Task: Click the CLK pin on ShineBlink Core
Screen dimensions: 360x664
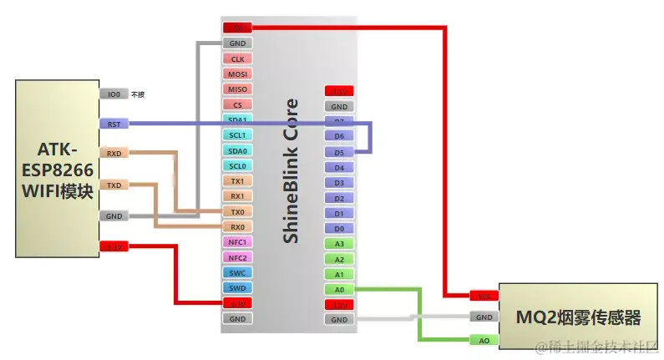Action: click(x=237, y=59)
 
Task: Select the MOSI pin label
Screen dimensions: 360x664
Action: click(x=237, y=74)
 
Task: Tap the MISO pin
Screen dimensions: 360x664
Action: click(x=237, y=89)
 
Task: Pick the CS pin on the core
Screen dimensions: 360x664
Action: click(x=237, y=105)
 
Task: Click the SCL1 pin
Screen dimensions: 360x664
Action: click(x=237, y=135)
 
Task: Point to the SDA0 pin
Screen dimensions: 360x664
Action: click(x=237, y=150)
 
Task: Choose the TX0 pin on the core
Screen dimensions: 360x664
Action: click(x=237, y=211)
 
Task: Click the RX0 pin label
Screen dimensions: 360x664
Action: click(x=237, y=227)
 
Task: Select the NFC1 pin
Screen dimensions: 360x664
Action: click(x=237, y=242)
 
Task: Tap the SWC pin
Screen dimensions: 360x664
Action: click(x=237, y=272)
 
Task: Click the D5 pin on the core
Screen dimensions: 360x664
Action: click(x=339, y=152)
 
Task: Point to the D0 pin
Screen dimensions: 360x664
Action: click(x=339, y=228)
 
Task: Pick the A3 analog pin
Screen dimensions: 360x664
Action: click(x=339, y=244)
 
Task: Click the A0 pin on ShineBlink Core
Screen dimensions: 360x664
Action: click(x=339, y=289)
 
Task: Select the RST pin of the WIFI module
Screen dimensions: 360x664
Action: click(x=114, y=124)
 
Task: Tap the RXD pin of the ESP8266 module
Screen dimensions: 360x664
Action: click(x=114, y=154)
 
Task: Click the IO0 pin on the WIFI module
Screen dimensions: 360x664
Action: click(x=114, y=94)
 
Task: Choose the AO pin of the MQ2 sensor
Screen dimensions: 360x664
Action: click(x=484, y=341)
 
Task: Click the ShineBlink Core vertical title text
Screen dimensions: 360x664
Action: click(x=291, y=171)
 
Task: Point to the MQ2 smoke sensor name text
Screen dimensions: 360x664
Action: click(x=578, y=318)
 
